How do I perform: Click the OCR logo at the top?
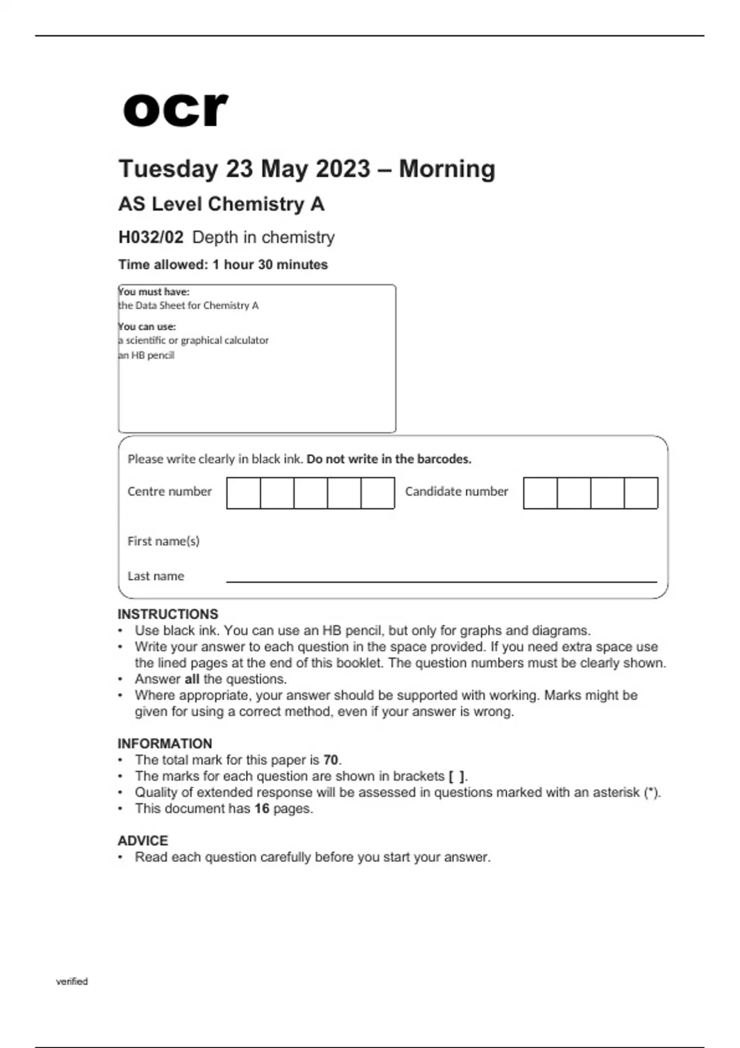(x=176, y=110)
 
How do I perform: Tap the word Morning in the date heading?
(x=447, y=169)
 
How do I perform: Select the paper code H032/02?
(x=150, y=237)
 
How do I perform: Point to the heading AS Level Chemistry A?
(x=221, y=204)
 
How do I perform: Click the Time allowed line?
(x=223, y=265)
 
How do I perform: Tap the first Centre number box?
(x=244, y=493)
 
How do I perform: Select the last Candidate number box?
(x=641, y=493)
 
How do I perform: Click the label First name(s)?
(x=163, y=541)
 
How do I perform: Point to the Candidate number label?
(x=456, y=491)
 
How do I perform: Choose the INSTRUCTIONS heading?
(x=168, y=614)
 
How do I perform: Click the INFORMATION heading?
(x=165, y=743)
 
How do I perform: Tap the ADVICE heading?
(x=142, y=841)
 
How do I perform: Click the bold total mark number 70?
(x=331, y=760)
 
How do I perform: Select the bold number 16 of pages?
(x=262, y=809)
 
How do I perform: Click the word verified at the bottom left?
(x=72, y=981)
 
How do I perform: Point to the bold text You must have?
(x=154, y=292)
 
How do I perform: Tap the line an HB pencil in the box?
(x=146, y=356)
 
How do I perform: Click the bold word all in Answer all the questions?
(x=192, y=679)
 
